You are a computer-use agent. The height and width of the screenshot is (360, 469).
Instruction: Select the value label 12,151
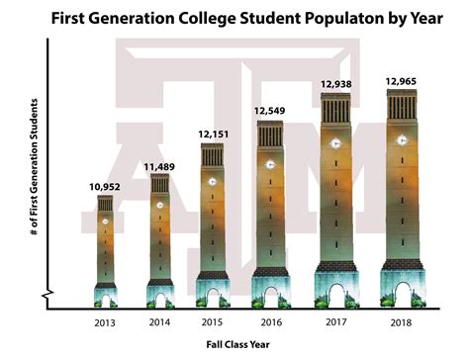point(214,135)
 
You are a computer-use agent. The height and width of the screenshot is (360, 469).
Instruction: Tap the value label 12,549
point(270,111)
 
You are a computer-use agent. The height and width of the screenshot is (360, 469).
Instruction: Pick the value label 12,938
point(334,85)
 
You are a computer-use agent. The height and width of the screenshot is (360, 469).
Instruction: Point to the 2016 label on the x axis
point(271,322)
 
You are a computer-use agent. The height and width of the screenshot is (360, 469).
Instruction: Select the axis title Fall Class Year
point(240,344)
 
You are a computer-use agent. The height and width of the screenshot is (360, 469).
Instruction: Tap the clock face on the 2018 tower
point(402,140)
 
